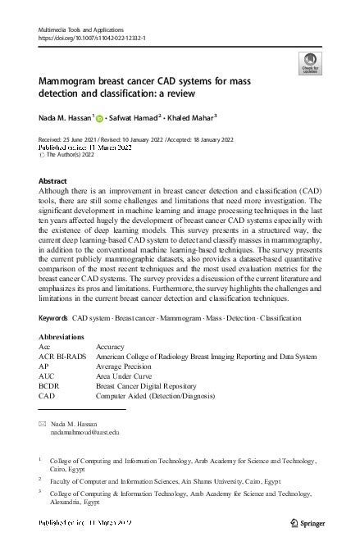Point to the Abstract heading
(x=52, y=180)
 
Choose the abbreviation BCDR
(x=49, y=386)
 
